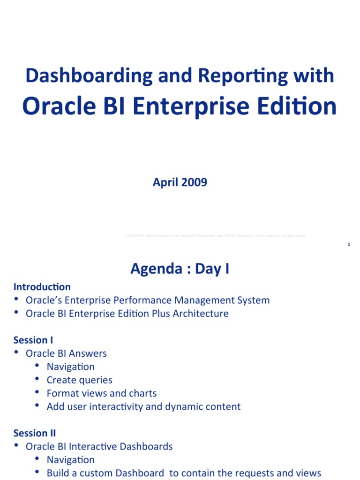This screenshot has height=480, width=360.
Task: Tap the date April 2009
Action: coord(180,182)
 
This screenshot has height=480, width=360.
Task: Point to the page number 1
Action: coord(349,244)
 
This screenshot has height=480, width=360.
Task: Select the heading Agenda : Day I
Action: coord(180,269)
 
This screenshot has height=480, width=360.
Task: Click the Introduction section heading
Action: coord(42,286)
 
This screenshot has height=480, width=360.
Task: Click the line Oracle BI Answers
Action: coord(66,353)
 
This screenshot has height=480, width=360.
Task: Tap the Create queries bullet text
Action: coord(79,380)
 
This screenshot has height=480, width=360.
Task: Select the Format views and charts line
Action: coord(101,393)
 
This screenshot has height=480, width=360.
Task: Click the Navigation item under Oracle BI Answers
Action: coord(70,367)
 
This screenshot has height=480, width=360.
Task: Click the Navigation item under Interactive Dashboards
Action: coord(70,460)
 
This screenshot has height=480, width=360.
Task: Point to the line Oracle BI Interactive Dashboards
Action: coord(99,446)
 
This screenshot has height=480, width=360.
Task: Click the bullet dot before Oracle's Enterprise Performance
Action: coord(16,300)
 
